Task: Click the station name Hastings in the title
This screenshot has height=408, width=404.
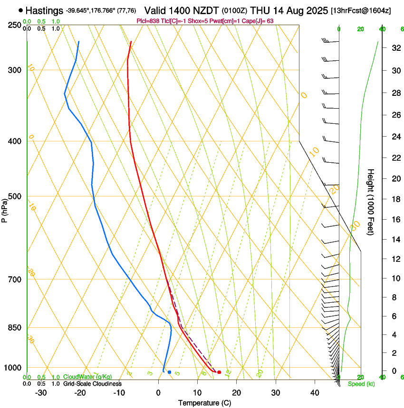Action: [x=44, y=10]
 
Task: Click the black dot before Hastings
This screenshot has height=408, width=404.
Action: [x=20, y=10]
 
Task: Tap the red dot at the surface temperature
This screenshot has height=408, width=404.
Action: [x=219, y=372]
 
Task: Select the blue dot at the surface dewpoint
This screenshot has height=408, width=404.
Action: [x=169, y=372]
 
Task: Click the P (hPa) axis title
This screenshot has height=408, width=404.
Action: [x=5, y=207]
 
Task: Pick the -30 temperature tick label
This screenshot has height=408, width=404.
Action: [x=41, y=393]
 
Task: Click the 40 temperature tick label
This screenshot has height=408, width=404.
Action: [x=315, y=393]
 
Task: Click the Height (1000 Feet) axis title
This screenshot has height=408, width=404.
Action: [x=371, y=202]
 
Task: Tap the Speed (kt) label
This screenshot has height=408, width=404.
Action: [x=361, y=384]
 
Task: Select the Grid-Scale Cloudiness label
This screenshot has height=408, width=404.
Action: [x=92, y=384]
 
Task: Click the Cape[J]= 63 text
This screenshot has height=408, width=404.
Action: [x=260, y=21]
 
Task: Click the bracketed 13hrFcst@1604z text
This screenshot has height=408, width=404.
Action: [x=361, y=10]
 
